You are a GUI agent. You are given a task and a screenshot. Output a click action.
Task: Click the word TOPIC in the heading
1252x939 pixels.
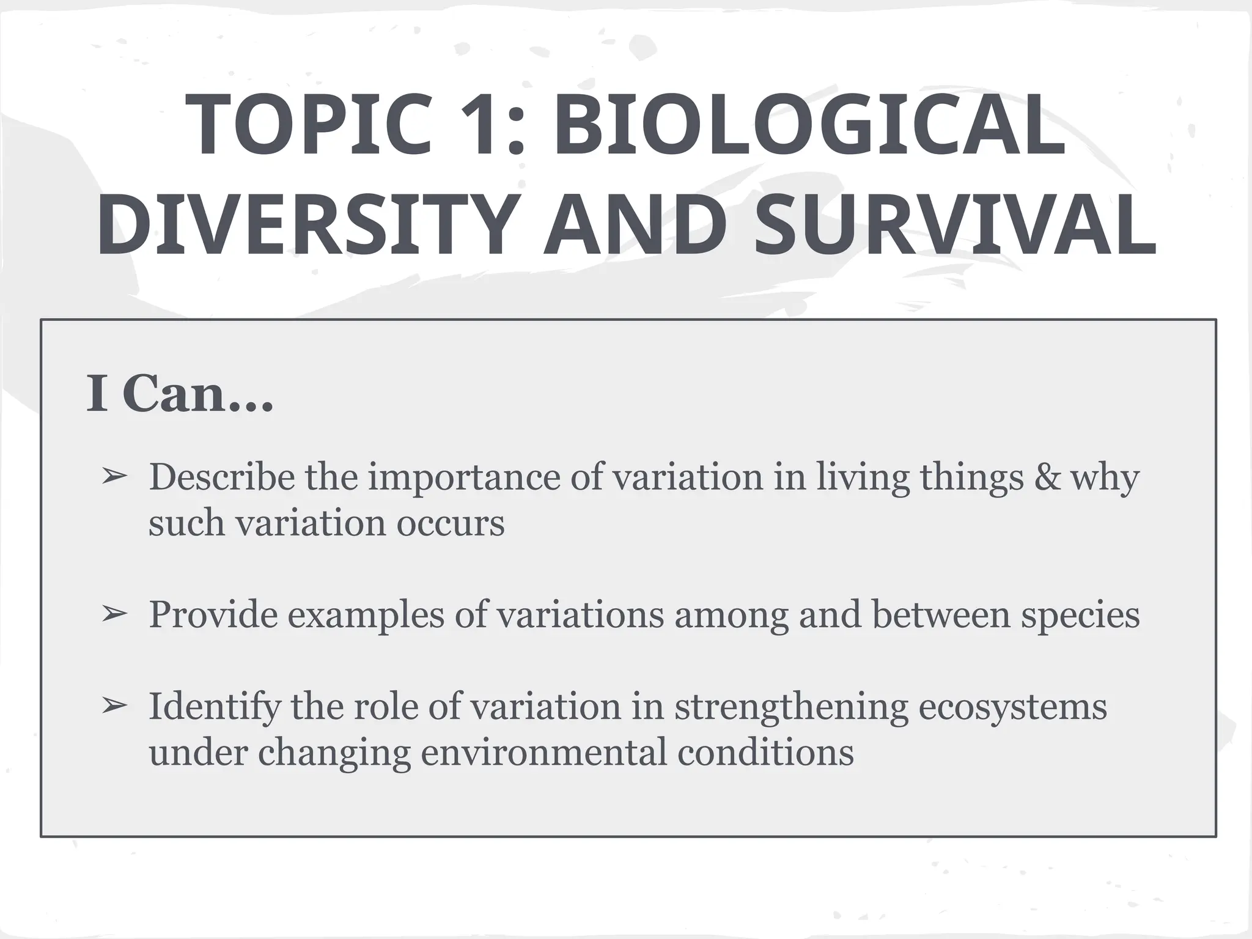point(309,125)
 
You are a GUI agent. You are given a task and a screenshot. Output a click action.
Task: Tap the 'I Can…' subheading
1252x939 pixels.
point(179,394)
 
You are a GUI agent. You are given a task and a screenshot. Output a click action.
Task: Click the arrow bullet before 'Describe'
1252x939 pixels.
point(114,476)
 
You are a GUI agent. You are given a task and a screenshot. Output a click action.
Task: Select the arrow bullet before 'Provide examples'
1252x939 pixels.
point(114,613)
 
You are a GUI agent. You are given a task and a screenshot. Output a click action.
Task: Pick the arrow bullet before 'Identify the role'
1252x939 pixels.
point(114,705)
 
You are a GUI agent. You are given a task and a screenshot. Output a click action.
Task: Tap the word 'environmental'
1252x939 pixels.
point(543,753)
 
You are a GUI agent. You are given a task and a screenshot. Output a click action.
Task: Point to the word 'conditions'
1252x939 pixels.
point(765,753)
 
